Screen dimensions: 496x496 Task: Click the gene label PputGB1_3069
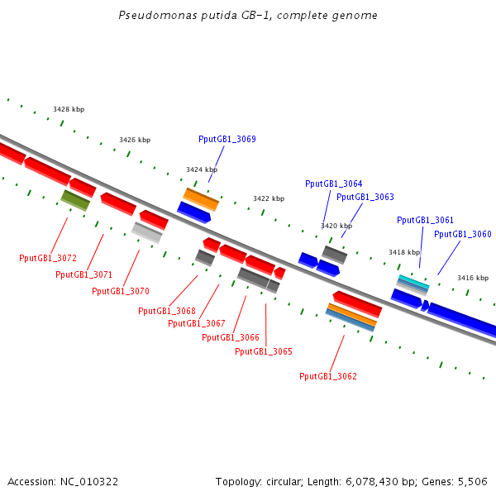(x=227, y=140)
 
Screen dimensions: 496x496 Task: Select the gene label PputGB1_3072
(x=48, y=258)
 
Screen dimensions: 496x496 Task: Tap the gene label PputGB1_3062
(x=328, y=376)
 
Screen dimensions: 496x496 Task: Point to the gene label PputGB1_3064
(x=333, y=184)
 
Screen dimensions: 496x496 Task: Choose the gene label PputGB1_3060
(x=462, y=234)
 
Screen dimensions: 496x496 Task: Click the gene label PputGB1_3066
(x=231, y=337)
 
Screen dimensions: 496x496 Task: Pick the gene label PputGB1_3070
(x=121, y=291)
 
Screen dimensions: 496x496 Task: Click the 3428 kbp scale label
(x=69, y=109)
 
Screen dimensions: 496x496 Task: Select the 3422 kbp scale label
(x=269, y=198)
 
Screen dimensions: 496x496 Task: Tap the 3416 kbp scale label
(x=473, y=278)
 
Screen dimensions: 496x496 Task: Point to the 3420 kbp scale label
(x=336, y=226)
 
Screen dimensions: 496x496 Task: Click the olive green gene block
(x=75, y=199)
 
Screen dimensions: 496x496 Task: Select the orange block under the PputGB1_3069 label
(x=201, y=198)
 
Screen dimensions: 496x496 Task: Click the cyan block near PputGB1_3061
(x=413, y=281)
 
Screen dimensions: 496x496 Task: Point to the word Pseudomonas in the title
(x=149, y=15)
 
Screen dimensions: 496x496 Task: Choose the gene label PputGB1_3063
(x=365, y=197)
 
